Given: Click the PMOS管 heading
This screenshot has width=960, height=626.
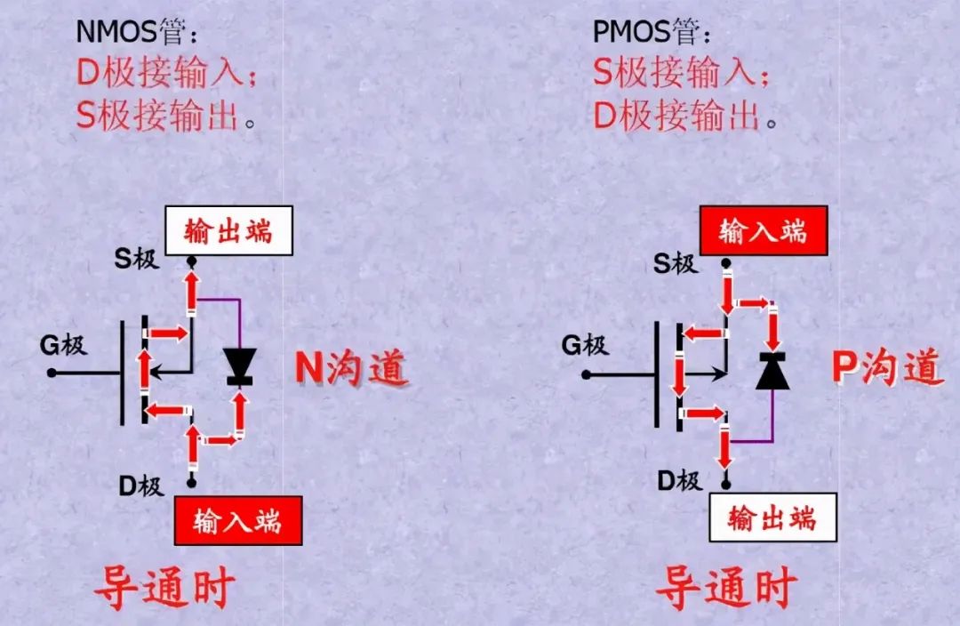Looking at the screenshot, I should tap(652, 32).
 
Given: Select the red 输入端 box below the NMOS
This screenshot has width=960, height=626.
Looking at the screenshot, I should tap(237, 519).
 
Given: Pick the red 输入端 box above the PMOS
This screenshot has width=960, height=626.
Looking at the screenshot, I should tap(764, 231).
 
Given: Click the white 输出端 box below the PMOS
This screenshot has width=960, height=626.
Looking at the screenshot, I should tap(772, 518).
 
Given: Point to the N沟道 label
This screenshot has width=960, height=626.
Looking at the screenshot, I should tap(351, 367).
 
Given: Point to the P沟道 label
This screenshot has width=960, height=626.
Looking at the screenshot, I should tap(886, 365).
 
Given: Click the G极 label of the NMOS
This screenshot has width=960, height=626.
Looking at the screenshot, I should tap(63, 344).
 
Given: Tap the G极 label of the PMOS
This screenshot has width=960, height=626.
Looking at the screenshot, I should tap(584, 344).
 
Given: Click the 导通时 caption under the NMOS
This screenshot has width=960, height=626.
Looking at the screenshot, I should tap(164, 587).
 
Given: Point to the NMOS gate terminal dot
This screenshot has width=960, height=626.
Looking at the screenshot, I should tap(52, 373).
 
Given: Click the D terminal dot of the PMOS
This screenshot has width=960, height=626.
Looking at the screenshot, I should tap(726, 485).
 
